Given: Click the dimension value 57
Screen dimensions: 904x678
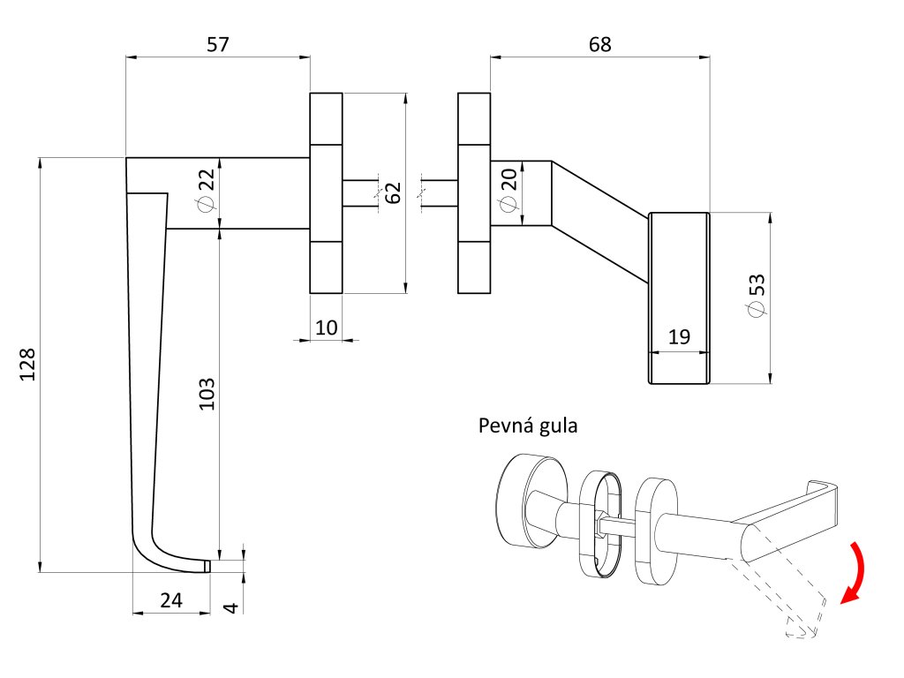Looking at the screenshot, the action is pyautogui.click(x=218, y=44).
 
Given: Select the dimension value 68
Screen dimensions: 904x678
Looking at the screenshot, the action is pyautogui.click(x=599, y=44).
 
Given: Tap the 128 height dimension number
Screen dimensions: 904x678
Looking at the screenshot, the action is pyautogui.click(x=27, y=365).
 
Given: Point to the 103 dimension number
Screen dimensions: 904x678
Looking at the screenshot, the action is pyautogui.click(x=207, y=395).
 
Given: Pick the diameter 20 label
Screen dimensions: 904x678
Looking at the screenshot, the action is pyautogui.click(x=508, y=191).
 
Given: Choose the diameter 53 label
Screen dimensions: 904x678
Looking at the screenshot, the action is pyautogui.click(x=757, y=295).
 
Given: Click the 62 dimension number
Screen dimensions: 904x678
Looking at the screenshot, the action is pyautogui.click(x=393, y=193).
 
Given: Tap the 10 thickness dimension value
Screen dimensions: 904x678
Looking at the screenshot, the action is pyautogui.click(x=327, y=328).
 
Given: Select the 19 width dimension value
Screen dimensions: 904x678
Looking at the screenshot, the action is pyautogui.click(x=679, y=336).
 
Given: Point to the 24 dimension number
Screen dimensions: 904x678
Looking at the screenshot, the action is pyautogui.click(x=171, y=600).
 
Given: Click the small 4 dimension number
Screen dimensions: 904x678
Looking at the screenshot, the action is pyautogui.click(x=230, y=607).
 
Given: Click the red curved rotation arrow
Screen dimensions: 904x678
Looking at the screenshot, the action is pyautogui.click(x=854, y=572).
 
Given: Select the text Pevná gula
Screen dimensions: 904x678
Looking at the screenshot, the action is pyautogui.click(x=528, y=426).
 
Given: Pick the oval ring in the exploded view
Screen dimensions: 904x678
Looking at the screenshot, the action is pyautogui.click(x=600, y=524).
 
